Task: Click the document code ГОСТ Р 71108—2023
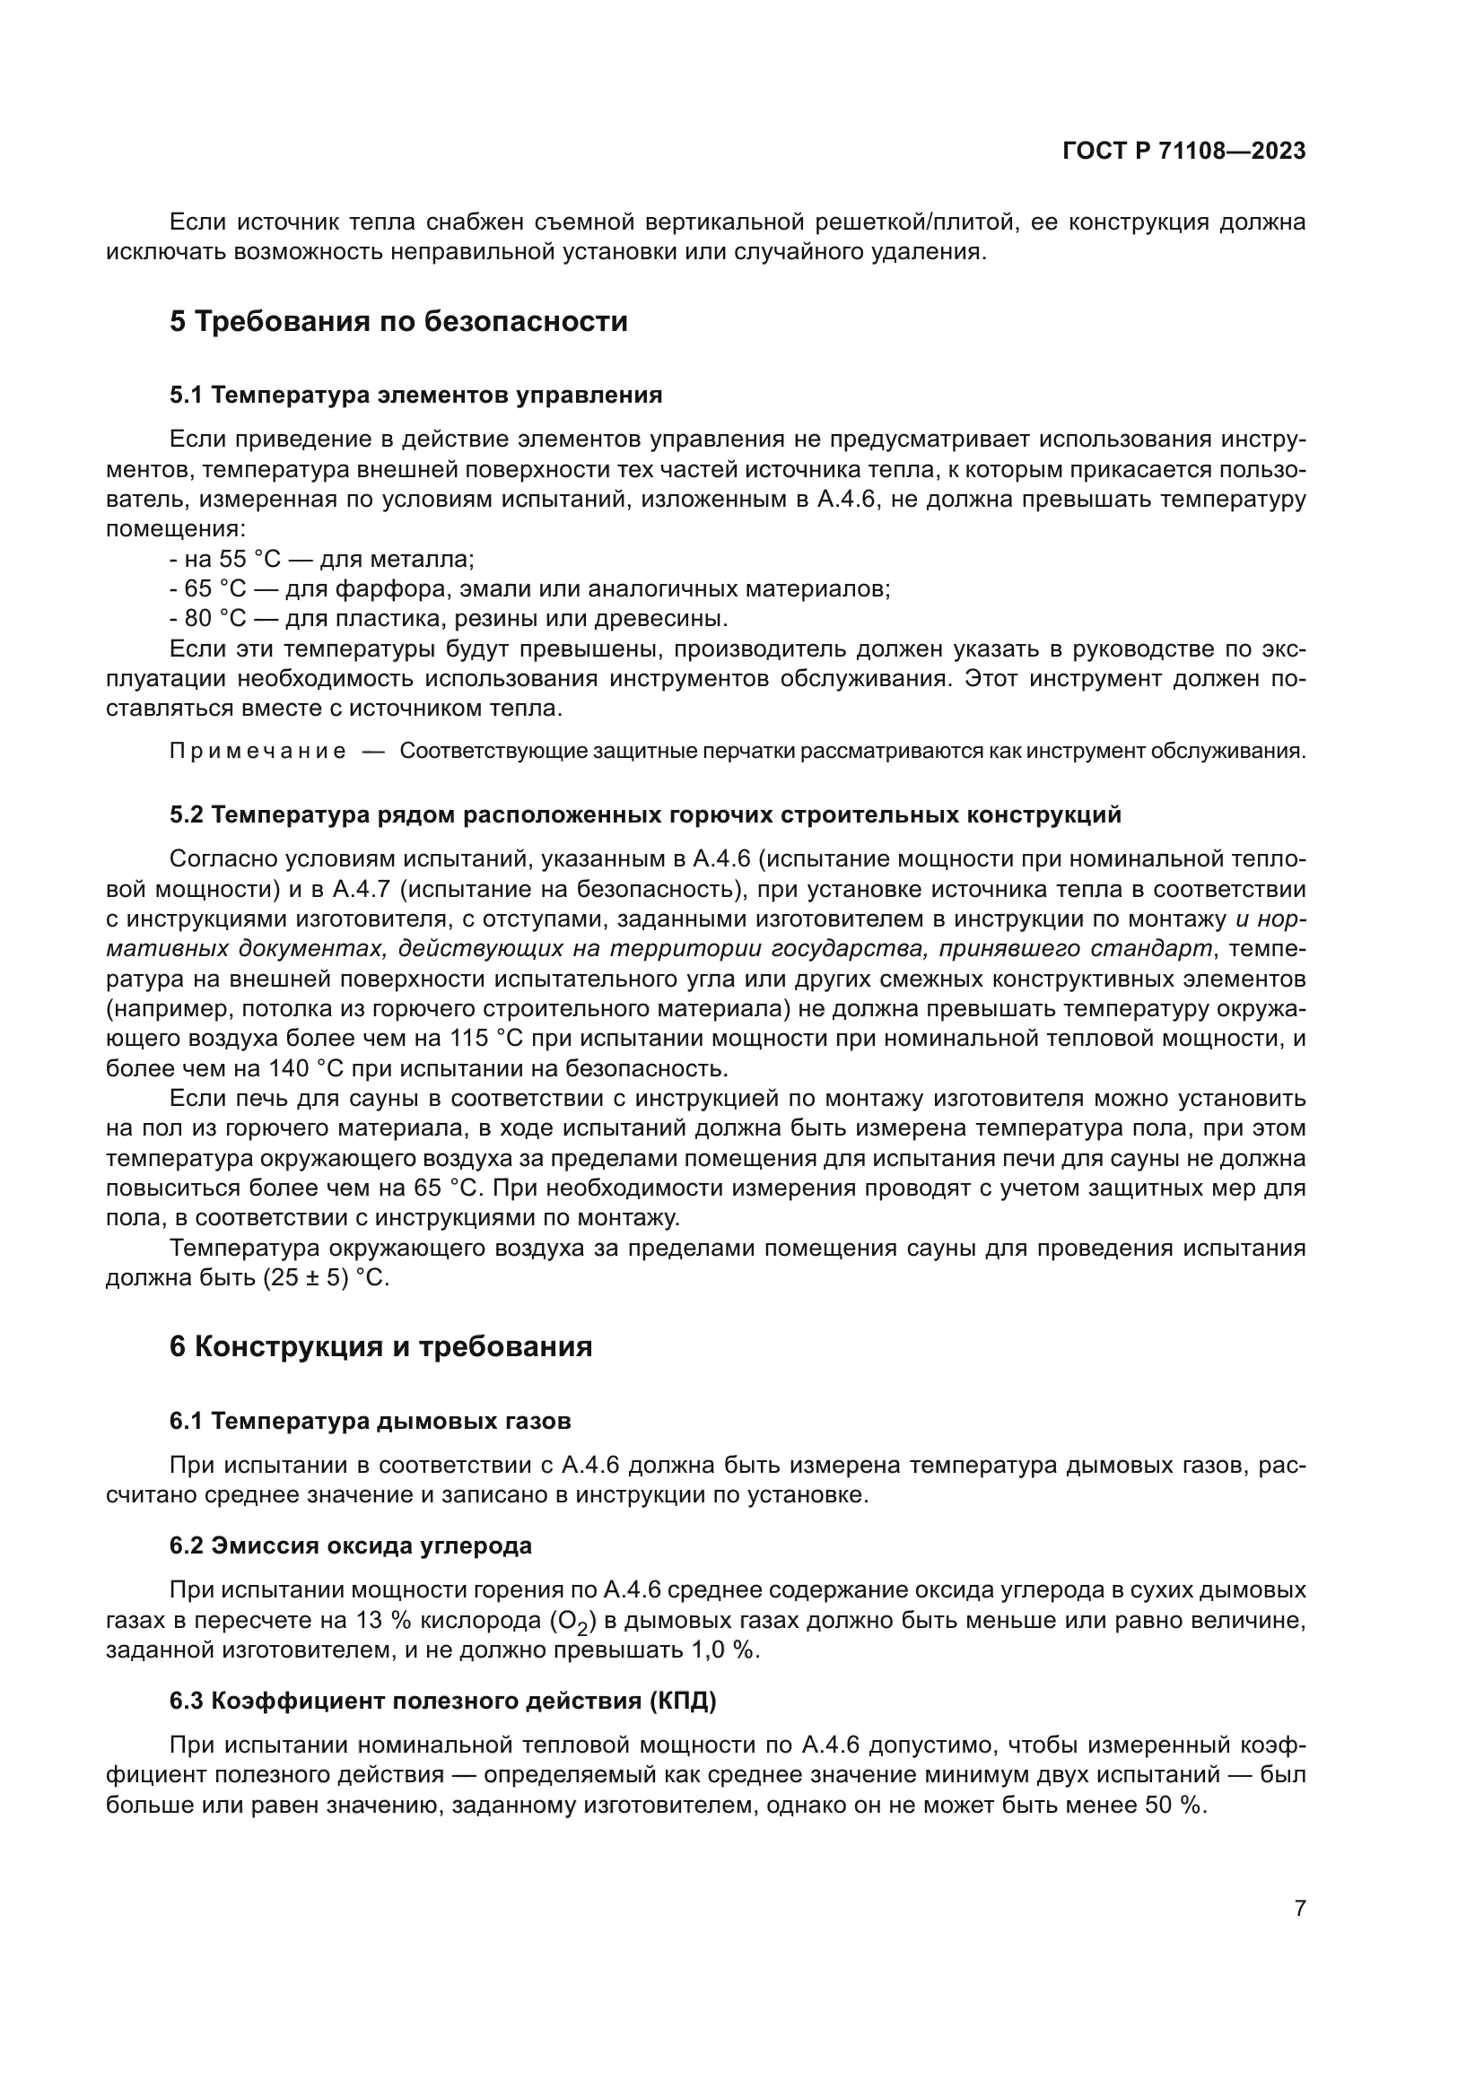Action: [x=1184, y=152]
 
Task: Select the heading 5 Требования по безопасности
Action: [x=398, y=322]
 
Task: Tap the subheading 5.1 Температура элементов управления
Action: [x=415, y=395]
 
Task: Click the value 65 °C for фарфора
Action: [x=215, y=588]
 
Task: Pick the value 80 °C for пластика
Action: [x=215, y=619]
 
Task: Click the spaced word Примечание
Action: [x=258, y=752]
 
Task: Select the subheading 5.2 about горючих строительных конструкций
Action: [x=645, y=815]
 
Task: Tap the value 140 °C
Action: [x=307, y=1069]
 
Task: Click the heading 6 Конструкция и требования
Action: [x=381, y=1347]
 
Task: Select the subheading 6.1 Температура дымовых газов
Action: [x=370, y=1421]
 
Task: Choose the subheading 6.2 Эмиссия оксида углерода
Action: [x=351, y=1546]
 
